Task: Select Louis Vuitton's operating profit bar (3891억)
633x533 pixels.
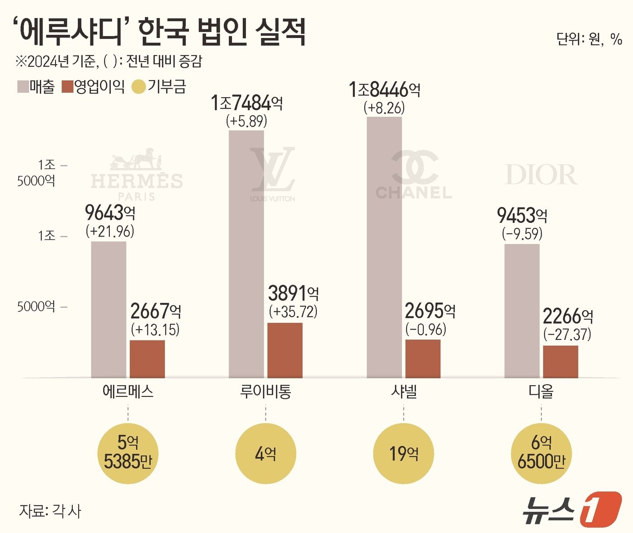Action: coord(285,350)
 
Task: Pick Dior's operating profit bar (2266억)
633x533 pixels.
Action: coord(560,361)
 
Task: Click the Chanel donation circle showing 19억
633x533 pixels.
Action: coord(403,453)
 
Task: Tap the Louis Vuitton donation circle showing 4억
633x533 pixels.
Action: coord(265,453)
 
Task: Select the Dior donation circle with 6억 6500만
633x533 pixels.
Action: coord(541,453)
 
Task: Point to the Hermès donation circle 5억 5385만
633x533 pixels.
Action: coord(128,453)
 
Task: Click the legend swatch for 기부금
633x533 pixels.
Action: coord(138,87)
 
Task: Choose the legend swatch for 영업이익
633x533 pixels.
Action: coord(67,87)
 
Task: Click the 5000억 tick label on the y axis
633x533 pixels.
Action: coord(36,307)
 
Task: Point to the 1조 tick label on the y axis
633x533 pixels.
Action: coord(47,236)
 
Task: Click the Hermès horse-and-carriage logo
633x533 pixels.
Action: coord(136,159)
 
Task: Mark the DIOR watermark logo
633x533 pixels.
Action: coord(541,175)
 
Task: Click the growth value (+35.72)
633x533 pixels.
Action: coord(293,312)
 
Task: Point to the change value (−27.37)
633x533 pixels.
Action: coord(567,335)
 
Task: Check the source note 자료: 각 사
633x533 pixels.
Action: coord(50,511)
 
